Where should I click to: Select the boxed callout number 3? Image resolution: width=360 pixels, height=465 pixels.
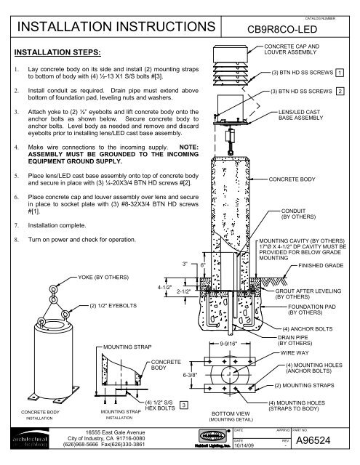point(185,404)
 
